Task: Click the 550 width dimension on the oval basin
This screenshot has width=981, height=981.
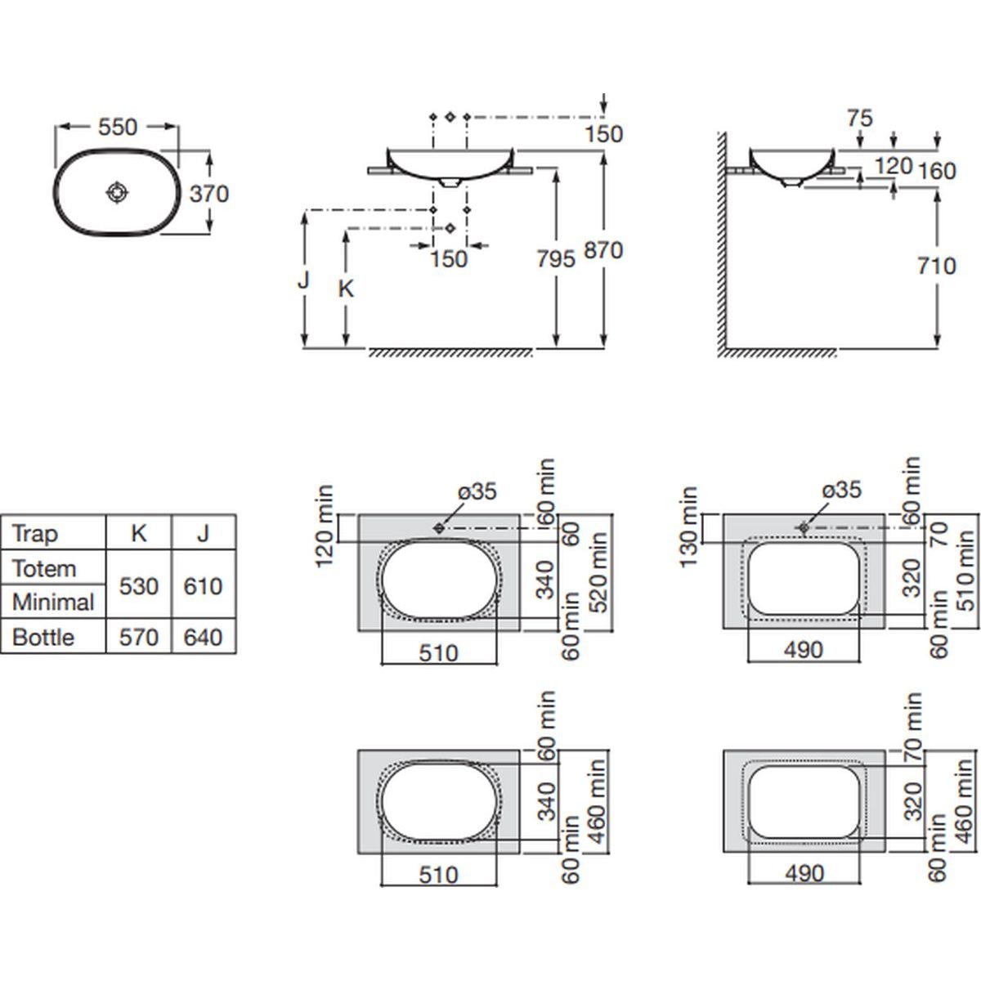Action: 118,128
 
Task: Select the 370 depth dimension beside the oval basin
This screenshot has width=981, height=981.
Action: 209,195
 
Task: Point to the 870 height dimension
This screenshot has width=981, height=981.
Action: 603,250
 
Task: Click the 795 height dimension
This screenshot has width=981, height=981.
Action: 556,258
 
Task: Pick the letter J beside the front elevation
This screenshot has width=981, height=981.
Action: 303,280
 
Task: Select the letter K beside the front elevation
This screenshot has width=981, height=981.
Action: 347,289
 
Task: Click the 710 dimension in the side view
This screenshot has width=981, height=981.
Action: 936,266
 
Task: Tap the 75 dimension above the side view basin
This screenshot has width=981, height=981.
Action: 860,119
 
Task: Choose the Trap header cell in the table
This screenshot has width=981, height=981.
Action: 36,534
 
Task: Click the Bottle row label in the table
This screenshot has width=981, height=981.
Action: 43,637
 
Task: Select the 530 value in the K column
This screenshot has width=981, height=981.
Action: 139,586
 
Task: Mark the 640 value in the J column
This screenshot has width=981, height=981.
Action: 203,637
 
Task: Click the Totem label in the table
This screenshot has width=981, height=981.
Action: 44,568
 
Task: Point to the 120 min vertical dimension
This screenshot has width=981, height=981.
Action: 325,526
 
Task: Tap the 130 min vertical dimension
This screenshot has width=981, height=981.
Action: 688,526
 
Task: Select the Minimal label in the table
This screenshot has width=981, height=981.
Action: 53,602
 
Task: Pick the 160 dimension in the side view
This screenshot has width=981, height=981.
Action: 936,171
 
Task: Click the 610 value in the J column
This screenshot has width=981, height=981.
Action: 203,586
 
